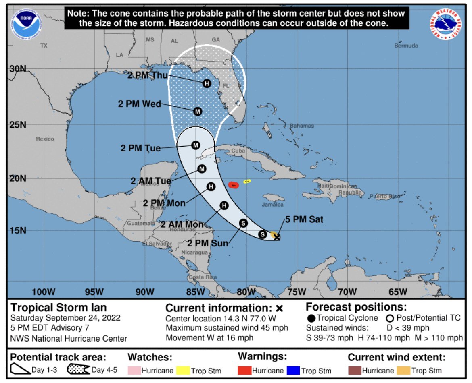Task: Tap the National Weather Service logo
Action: click(x=446, y=24)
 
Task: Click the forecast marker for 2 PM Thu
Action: click(x=207, y=83)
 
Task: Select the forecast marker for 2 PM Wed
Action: click(x=197, y=112)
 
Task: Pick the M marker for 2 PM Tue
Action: click(x=196, y=145)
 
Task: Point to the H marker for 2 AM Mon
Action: click(x=224, y=206)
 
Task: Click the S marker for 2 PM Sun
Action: click(x=243, y=222)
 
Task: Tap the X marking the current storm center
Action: click(x=277, y=237)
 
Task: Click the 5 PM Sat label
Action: click(x=304, y=220)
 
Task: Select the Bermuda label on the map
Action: click(x=406, y=46)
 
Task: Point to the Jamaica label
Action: click(x=273, y=205)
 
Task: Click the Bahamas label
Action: click(x=301, y=126)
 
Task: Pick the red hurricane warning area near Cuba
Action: click(x=233, y=185)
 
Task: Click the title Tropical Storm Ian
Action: click(x=53, y=308)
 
